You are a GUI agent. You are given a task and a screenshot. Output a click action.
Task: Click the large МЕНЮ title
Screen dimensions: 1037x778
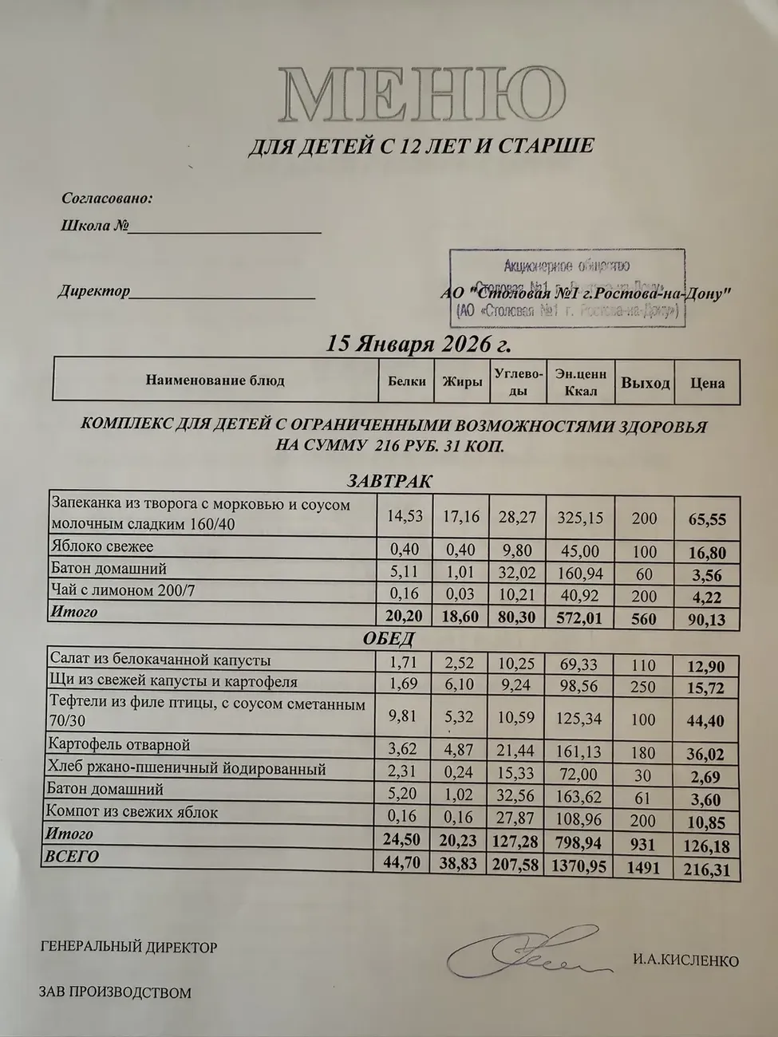click(423, 96)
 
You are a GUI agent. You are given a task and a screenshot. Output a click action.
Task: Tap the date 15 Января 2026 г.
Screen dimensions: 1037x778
click(419, 345)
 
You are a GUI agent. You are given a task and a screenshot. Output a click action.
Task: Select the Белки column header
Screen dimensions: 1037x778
click(407, 381)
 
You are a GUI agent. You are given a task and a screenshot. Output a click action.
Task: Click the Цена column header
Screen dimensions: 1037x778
click(707, 383)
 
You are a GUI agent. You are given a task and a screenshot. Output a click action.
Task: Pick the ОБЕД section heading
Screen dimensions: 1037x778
click(389, 639)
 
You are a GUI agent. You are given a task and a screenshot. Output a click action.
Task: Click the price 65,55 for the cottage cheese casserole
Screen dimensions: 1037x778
click(707, 519)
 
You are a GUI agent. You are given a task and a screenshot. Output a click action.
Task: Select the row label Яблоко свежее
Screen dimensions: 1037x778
click(102, 547)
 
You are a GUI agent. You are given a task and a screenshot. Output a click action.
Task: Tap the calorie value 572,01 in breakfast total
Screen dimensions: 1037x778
click(580, 618)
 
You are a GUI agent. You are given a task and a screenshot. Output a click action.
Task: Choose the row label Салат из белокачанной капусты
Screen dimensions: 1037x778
click(160, 660)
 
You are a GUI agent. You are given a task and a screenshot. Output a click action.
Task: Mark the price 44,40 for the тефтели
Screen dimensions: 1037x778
click(705, 721)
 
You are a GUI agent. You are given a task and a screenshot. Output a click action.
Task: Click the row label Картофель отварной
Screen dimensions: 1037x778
click(120, 745)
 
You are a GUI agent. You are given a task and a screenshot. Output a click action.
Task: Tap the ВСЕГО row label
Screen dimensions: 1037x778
click(73, 857)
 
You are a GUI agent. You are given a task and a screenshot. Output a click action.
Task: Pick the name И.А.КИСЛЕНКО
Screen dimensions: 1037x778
click(686, 961)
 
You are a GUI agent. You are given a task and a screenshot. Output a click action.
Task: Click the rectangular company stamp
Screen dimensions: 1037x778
click(567, 288)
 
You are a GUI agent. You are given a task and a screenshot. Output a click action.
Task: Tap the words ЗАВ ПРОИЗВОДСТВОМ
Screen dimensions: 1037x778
click(115, 993)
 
